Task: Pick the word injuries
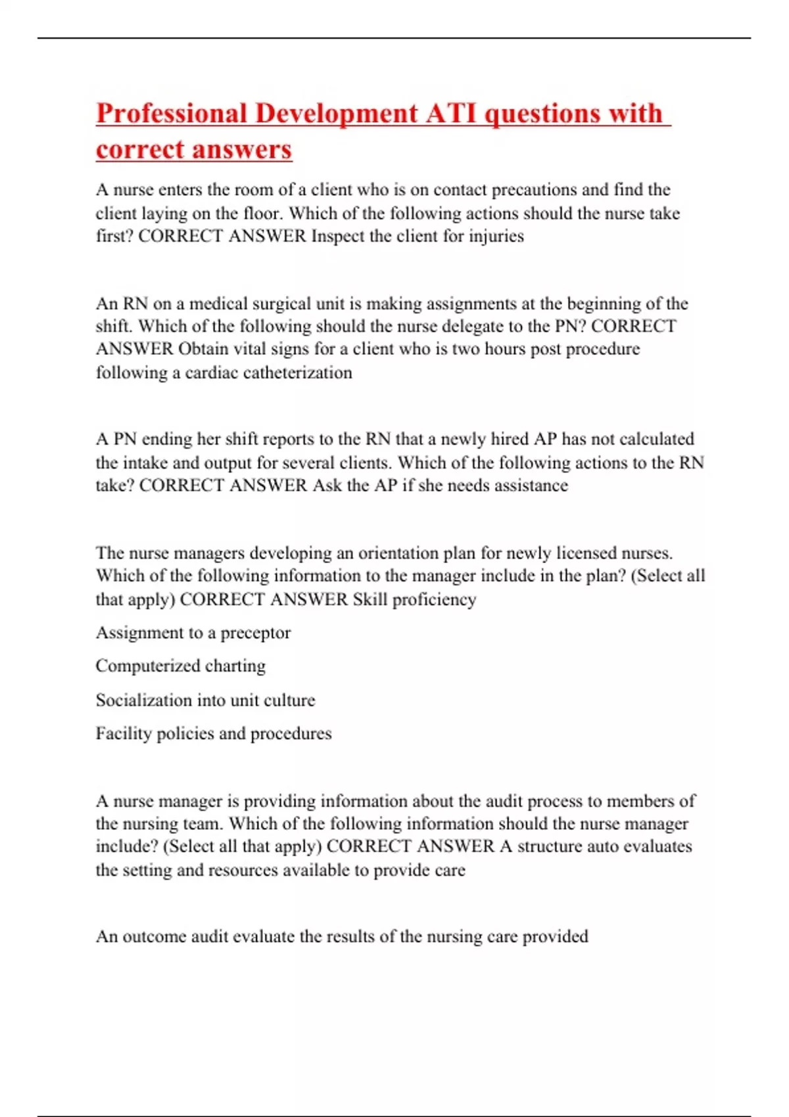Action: coord(496,237)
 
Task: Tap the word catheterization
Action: coord(297,373)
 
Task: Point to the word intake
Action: coord(145,463)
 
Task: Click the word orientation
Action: coord(398,553)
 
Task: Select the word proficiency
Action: coord(434,600)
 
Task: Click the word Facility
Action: coord(123,734)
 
